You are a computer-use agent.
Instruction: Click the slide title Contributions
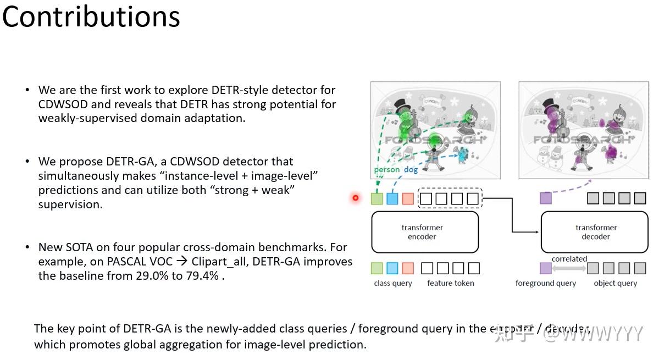pyautogui.click(x=91, y=16)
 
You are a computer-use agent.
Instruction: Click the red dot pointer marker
pyautogui.click(x=356, y=197)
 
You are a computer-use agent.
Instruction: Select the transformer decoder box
pyautogui.click(x=595, y=232)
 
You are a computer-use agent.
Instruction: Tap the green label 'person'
pyautogui.click(x=387, y=170)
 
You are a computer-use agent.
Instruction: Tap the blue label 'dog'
pyautogui.click(x=411, y=170)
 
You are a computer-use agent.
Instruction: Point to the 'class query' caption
pyautogui.click(x=392, y=283)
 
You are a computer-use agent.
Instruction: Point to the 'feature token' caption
pyautogui.click(x=450, y=283)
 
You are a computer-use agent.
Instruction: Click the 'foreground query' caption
pyautogui.click(x=545, y=283)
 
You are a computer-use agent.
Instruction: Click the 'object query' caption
pyautogui.click(x=615, y=283)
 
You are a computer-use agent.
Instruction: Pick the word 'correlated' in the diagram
pyautogui.click(x=569, y=259)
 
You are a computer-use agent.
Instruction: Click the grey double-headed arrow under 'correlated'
pyautogui.click(x=569, y=268)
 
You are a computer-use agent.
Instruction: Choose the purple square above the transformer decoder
pyautogui.click(x=545, y=198)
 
